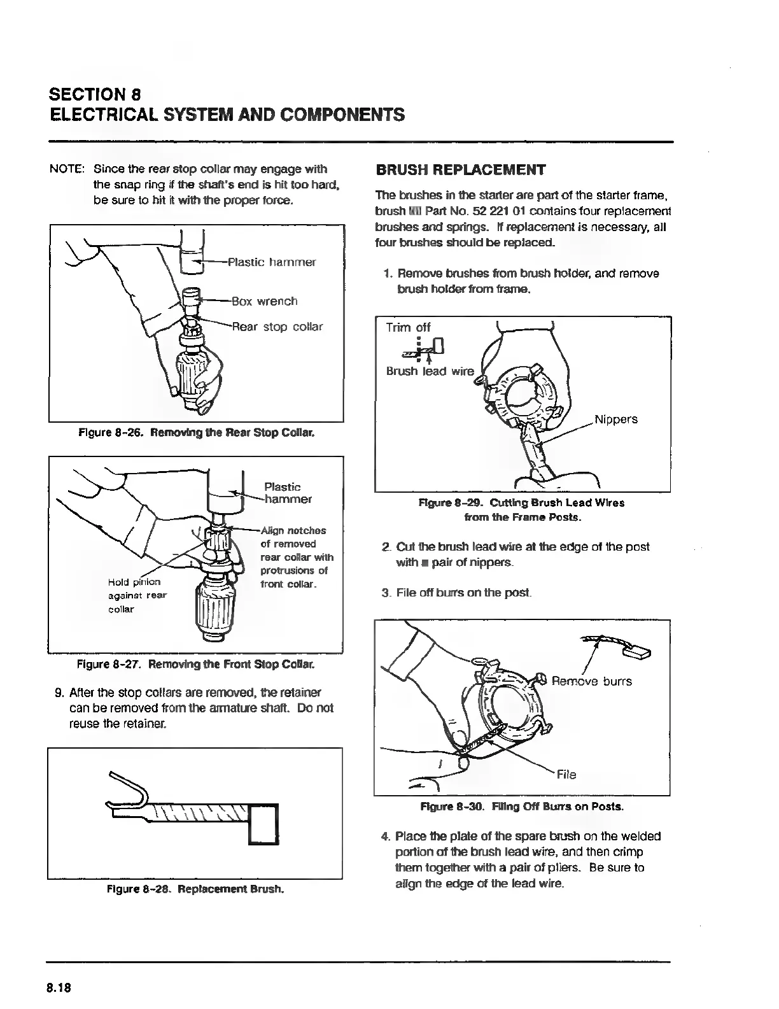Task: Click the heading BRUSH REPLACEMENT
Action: (x=461, y=170)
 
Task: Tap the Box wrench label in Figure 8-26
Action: (x=264, y=301)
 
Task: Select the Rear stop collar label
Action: (x=277, y=327)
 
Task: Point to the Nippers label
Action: (x=616, y=420)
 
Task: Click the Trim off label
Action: (x=408, y=327)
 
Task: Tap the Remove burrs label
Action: (x=591, y=681)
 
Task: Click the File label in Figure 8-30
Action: (x=566, y=775)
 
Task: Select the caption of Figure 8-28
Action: (x=195, y=889)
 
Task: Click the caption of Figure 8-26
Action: (x=196, y=433)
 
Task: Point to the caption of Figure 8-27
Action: (x=195, y=665)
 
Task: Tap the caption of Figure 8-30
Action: (x=522, y=807)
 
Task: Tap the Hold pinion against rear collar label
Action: (x=137, y=595)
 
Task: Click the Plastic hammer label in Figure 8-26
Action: (x=272, y=262)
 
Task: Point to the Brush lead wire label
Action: (x=430, y=372)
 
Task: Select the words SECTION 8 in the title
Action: (x=95, y=94)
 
